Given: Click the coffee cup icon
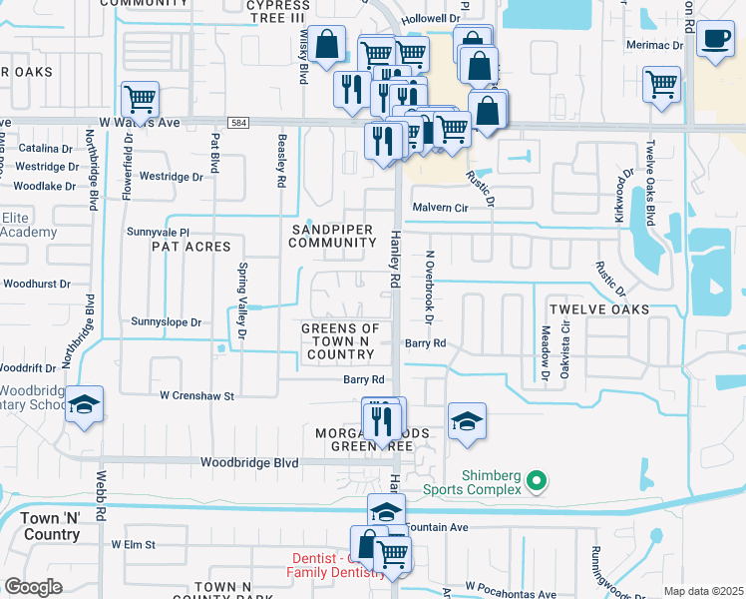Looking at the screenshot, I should [714, 39].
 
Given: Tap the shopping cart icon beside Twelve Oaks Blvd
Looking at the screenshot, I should [662, 84].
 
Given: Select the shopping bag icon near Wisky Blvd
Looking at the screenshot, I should [326, 45].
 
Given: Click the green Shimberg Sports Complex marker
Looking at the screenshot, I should [537, 481].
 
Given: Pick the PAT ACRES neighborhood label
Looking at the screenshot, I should [190, 246].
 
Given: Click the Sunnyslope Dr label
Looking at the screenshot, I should [167, 322].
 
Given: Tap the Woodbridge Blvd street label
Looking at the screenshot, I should [249, 463].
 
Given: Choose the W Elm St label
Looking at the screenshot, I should [134, 545].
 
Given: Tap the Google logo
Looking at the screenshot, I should [32, 587].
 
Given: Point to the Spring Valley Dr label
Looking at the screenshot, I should [242, 299].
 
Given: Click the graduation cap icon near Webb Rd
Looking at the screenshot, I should [84, 405].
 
